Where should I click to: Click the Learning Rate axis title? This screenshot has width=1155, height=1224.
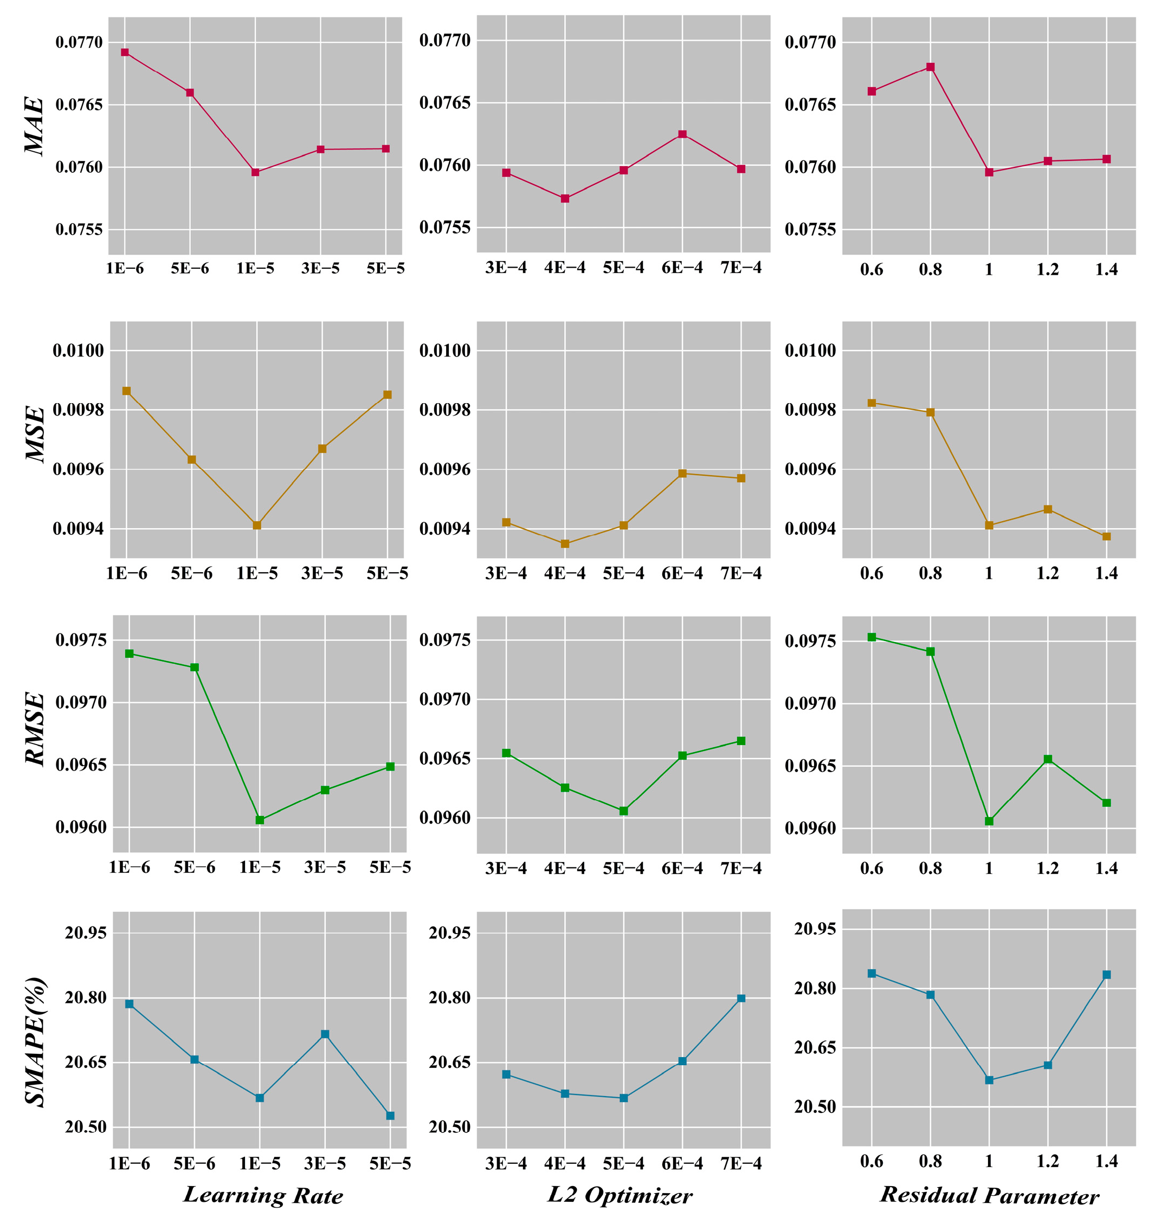pos(263,1195)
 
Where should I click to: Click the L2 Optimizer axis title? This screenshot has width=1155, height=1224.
pos(620,1195)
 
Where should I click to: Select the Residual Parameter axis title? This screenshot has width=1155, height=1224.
pos(989,1195)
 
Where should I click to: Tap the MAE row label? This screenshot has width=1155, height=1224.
pos(35,126)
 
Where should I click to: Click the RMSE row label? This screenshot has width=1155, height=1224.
pos(35,730)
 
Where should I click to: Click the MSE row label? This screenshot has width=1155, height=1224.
pos(35,434)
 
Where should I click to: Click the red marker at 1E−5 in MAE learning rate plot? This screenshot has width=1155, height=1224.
pos(255,172)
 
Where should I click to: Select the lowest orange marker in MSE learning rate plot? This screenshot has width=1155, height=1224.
pos(257,525)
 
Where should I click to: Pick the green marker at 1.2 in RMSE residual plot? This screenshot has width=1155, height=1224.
pos(1048,759)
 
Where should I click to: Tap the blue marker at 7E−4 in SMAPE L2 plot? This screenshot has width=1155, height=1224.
pos(741,998)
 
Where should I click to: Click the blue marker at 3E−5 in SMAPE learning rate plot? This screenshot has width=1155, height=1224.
pos(325,1034)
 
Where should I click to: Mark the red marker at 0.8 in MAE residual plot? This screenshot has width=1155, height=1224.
pos(930,67)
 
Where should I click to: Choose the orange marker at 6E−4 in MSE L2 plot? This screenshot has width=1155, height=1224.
pos(682,474)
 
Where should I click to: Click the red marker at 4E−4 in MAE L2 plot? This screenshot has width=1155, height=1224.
pos(565,198)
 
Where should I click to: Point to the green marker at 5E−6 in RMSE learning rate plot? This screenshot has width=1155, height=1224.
pos(195,668)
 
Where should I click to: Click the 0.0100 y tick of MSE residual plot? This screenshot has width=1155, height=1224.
pos(810,351)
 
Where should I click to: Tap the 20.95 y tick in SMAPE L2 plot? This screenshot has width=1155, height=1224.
pos(449,933)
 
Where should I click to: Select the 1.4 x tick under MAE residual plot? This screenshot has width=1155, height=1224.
pos(1106,270)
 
